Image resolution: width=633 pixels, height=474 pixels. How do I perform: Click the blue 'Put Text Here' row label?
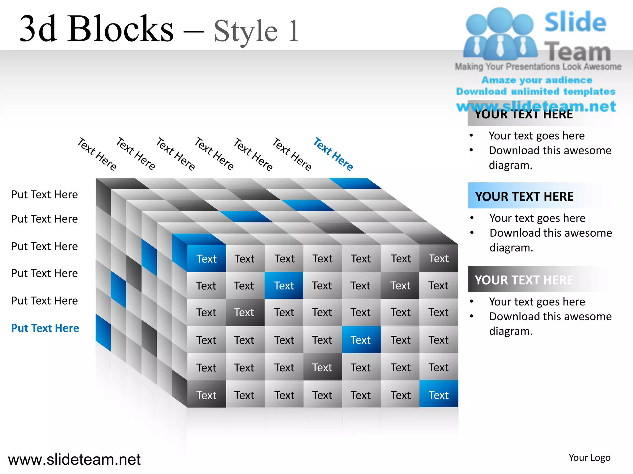pos(45,328)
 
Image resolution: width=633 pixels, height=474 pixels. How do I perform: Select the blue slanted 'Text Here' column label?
pos(333,154)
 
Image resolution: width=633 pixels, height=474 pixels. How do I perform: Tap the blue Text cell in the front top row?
pos(206,259)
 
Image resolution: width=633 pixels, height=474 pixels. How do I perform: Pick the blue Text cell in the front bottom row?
pos(439,395)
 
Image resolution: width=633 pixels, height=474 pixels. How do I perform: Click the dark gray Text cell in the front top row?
pos(439,259)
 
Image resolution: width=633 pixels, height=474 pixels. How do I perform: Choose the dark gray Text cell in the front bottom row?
pos(206,395)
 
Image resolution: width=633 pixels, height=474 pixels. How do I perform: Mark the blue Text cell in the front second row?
pos(284,285)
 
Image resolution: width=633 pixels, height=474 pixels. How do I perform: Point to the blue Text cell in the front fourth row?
pos(361,340)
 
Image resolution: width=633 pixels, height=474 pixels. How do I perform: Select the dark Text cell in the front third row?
pos(244,312)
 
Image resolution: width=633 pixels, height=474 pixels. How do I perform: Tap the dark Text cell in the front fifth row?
pos(322,367)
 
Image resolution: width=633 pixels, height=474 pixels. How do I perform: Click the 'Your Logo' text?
pos(589,458)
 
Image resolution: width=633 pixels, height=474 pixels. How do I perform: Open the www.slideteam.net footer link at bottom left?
pos(74,459)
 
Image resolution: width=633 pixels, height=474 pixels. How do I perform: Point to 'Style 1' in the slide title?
pos(256,31)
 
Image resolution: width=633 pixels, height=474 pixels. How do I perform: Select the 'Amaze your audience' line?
pos(537,80)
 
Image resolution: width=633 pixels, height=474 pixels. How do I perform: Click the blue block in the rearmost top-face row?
pos(355,183)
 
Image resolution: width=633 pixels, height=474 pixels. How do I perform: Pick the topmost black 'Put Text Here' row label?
pos(45,194)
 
